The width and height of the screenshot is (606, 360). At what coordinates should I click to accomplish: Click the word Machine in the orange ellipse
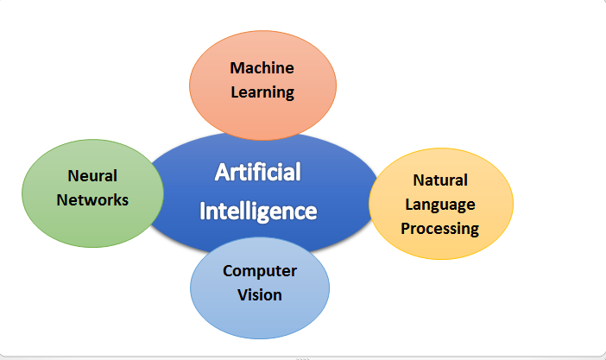[x=262, y=68]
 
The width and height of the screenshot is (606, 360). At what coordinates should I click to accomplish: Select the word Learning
[x=262, y=92]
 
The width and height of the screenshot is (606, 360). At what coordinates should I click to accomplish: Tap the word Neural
[x=92, y=176]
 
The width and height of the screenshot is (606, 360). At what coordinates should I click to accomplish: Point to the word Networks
[x=92, y=200]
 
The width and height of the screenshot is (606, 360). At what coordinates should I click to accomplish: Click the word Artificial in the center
[x=258, y=172]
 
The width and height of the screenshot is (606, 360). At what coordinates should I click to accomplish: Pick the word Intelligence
[x=258, y=212]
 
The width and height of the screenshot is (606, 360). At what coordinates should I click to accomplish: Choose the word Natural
[x=440, y=180]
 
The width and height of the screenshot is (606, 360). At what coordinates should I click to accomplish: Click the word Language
[x=440, y=205]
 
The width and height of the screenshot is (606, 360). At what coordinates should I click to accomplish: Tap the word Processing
[x=439, y=229]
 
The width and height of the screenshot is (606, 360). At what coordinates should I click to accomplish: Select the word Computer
[x=260, y=271]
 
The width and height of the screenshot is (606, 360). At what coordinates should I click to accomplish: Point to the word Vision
[x=260, y=295]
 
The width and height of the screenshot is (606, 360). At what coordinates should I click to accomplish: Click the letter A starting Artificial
[x=222, y=172]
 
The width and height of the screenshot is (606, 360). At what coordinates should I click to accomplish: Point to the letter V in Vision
[x=243, y=295]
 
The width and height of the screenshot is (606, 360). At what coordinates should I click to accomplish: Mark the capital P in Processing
[x=406, y=228]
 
